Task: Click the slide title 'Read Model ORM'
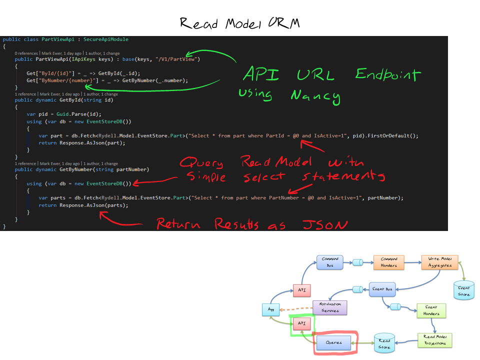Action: pos(239,23)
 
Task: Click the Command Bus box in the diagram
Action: pos(329,262)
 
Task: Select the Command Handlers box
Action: pos(388,262)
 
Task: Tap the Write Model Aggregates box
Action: pos(439,262)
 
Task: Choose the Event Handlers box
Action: pos(430,310)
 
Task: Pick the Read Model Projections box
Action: pos(434,340)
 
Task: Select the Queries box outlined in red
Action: pos(333,343)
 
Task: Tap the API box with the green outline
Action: pos(301,324)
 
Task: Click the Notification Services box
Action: pos(329,307)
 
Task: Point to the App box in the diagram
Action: pos(270,310)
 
